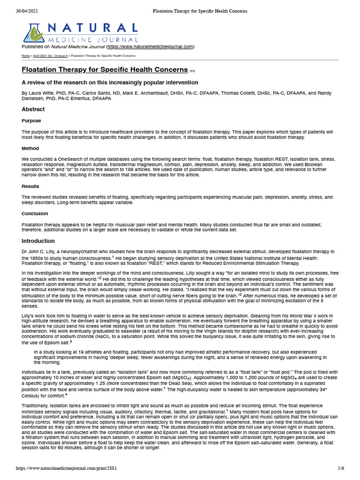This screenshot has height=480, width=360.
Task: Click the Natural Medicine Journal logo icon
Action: [33, 33]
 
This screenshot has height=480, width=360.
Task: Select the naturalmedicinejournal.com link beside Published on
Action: [150, 47]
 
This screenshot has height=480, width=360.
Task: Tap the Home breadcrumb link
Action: [26, 56]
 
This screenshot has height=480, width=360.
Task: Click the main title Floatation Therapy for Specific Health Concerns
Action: [105, 70]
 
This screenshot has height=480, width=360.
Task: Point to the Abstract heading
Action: [33, 109]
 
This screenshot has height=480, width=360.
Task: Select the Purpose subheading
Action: [31, 120]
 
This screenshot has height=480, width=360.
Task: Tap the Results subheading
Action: [31, 187]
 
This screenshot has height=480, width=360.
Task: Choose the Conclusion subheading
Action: [35, 213]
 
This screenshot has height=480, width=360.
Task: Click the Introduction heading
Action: [38, 241]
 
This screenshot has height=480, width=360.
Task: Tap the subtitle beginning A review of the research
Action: [110, 82]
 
